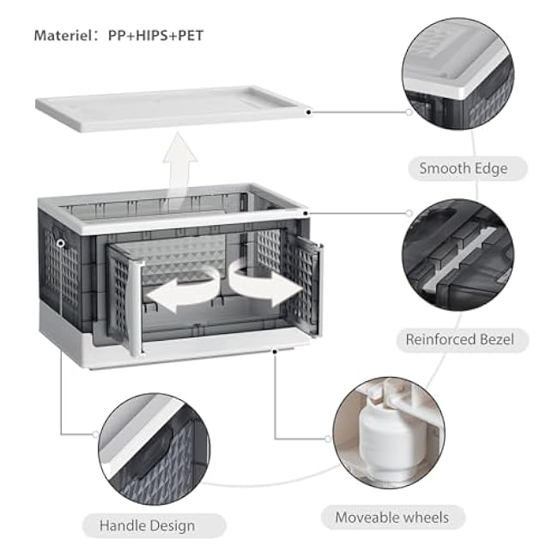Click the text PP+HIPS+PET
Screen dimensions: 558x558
coord(156,36)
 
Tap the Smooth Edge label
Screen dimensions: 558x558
coord(464,168)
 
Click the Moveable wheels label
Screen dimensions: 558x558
coord(391,518)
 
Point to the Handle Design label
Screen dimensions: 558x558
coord(147,525)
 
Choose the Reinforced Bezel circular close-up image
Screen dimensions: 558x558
coord(458,254)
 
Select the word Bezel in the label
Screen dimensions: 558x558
coord(495,339)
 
